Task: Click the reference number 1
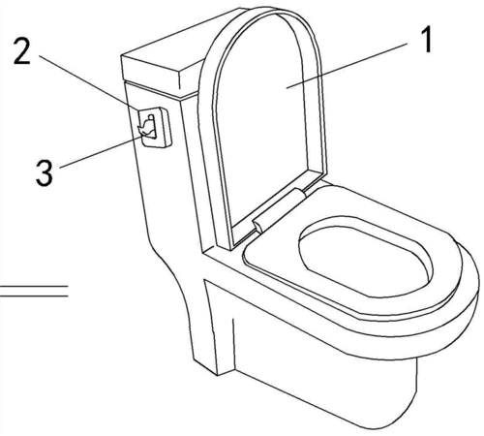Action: click(428, 40)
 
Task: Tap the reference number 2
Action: click(21, 51)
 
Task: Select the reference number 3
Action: click(44, 173)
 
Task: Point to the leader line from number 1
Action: click(347, 66)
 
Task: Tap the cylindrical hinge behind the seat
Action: click(278, 209)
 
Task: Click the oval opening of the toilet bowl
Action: click(366, 260)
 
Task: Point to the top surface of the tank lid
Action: click(181, 42)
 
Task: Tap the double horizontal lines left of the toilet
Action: click(34, 291)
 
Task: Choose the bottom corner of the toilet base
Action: click(217, 375)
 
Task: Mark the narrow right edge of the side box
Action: click(166, 128)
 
